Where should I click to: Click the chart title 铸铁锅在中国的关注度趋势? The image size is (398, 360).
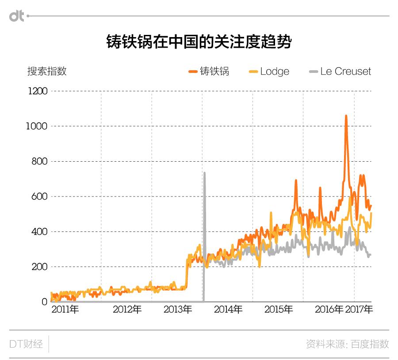pos(199,42)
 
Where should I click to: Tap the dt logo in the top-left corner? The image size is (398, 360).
pos(17,16)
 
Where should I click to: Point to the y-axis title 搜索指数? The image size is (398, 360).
pos(47,71)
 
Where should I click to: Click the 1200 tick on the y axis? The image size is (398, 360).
pos(37,91)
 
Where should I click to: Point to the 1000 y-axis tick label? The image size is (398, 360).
pos(37,126)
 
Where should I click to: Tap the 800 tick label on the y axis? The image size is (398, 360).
pos(39,161)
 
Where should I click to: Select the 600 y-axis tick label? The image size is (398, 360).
pos(39,197)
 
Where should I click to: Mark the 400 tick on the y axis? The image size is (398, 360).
pos(39,231)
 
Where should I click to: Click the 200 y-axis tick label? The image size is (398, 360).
pos(39,267)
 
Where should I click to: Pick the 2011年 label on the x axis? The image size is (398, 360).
pos(65,310)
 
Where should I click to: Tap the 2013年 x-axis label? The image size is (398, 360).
pos(178,310)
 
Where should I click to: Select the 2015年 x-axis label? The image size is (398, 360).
pos(279,310)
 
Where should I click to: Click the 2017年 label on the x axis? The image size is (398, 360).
pos(359,310)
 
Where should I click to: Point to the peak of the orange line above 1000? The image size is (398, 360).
pos(346,116)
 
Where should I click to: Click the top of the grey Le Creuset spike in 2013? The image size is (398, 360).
pos(204,173)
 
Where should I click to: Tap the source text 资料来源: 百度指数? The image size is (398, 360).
pos(347,344)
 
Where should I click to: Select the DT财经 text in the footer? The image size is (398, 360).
pos(26,344)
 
